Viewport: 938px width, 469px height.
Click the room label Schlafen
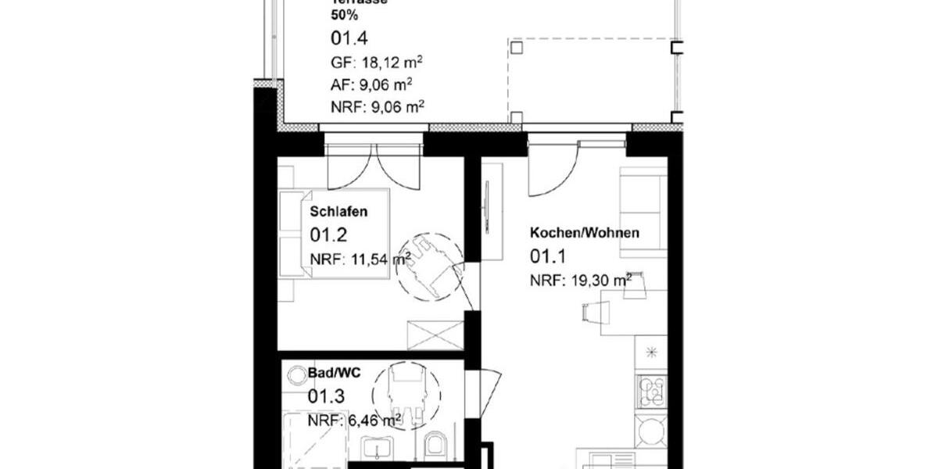click(338, 212)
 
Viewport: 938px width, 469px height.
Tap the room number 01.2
click(328, 234)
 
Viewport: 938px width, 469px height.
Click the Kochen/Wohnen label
click(585, 233)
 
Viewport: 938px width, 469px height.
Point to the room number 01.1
click(548, 256)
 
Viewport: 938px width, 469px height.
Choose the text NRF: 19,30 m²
click(581, 280)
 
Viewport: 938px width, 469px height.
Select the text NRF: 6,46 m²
click(354, 421)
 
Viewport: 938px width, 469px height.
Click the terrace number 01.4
click(349, 38)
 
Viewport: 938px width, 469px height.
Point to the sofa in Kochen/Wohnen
click(643, 211)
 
